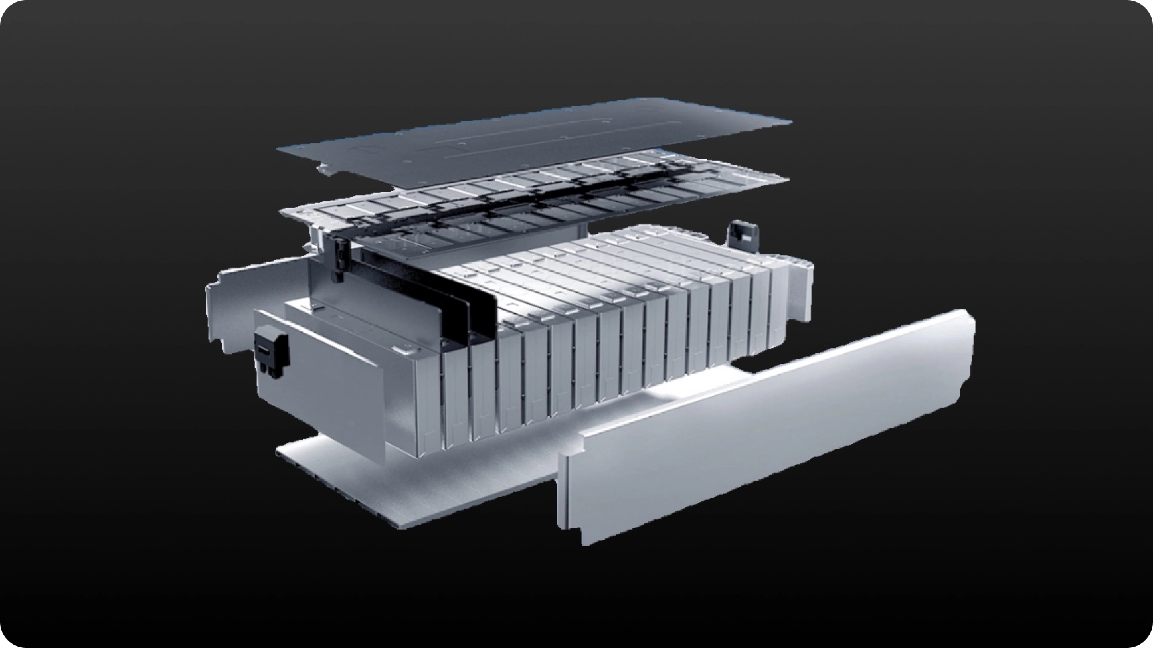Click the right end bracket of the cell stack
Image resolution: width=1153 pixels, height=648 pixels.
click(x=800, y=292)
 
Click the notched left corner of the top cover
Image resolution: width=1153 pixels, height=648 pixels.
click(x=325, y=169)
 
